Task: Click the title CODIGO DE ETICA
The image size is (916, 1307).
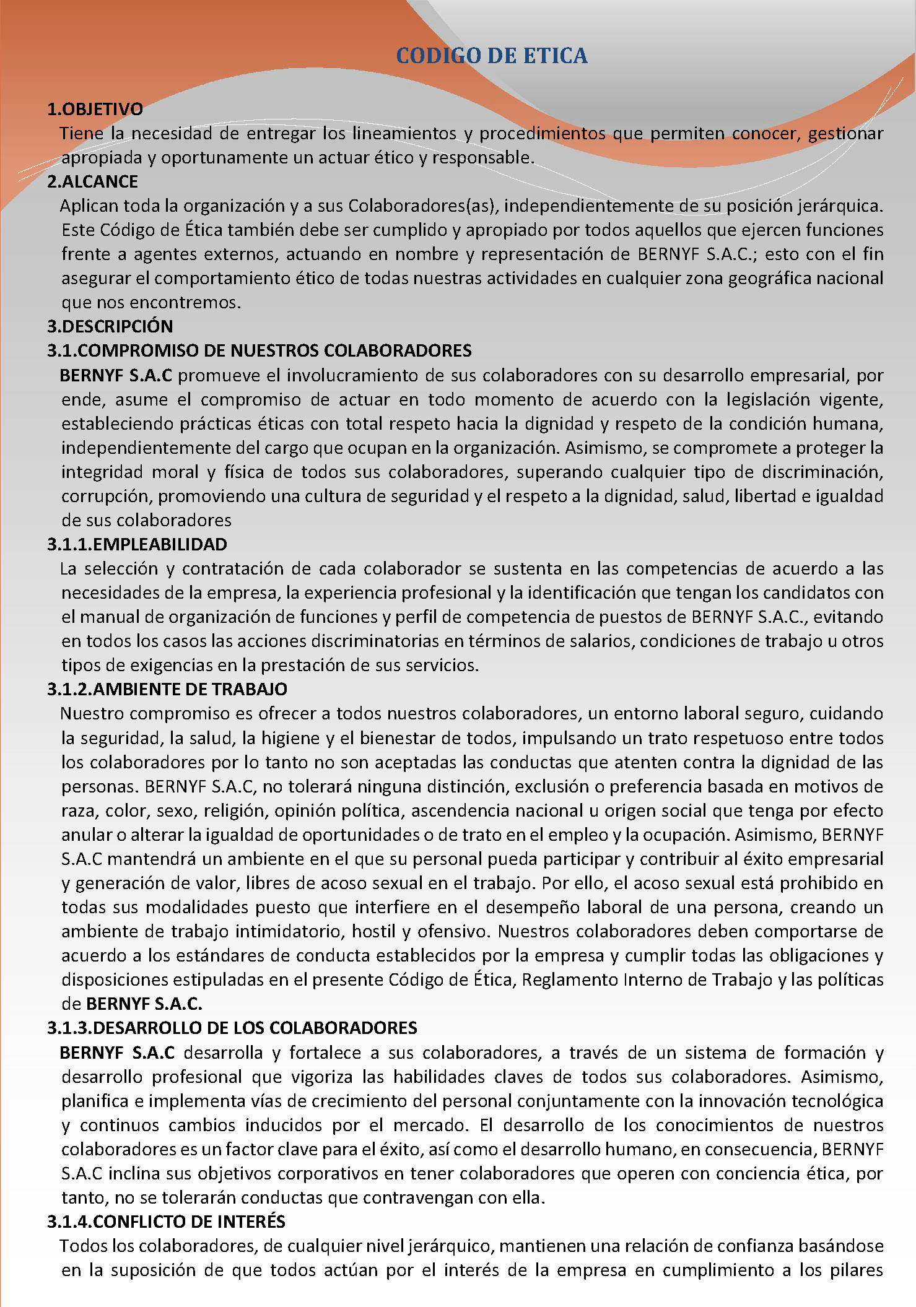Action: click(x=491, y=56)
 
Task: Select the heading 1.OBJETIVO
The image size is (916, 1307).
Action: click(x=95, y=109)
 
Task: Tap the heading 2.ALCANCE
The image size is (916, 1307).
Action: click(x=92, y=181)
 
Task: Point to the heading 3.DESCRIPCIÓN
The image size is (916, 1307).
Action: click(x=110, y=326)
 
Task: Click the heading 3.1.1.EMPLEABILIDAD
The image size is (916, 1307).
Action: click(x=137, y=544)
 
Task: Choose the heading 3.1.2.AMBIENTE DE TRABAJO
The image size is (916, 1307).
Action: click(x=167, y=689)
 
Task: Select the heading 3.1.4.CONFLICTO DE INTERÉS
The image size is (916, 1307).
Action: click(x=166, y=1222)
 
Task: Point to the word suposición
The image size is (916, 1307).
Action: click(x=159, y=1270)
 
